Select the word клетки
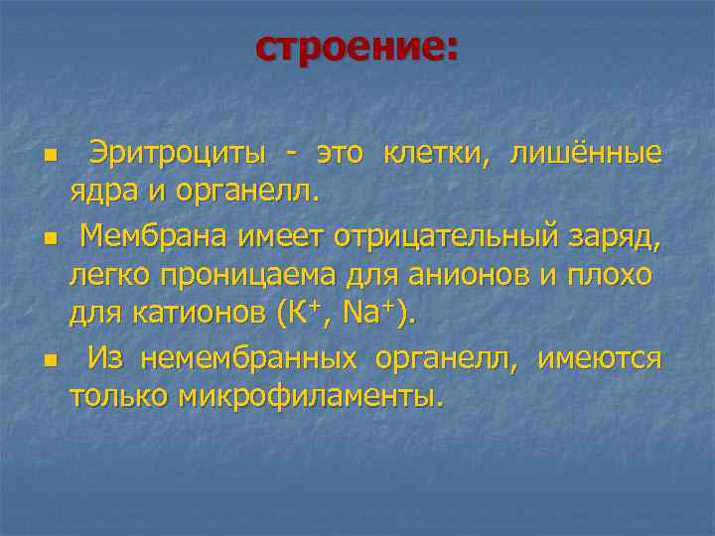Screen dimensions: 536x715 point(443,155)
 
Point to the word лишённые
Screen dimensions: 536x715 point(585,155)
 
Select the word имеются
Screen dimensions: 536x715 point(599,358)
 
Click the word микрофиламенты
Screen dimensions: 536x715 point(306,396)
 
